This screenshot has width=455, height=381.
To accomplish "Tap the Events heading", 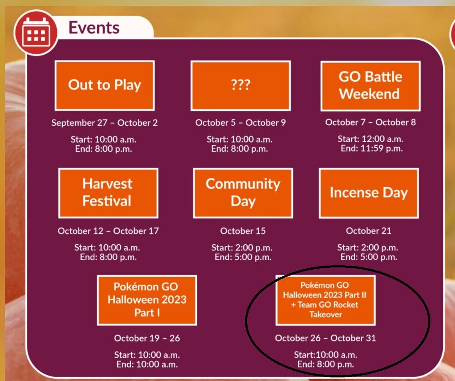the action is tap(94, 28).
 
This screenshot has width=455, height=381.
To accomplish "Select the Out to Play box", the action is tap(104, 85).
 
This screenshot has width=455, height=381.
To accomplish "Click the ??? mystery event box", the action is tap(240, 85).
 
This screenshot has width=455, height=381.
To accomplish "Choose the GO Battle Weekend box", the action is tap(370, 86).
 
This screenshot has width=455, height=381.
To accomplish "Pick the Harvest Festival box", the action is tap(108, 193).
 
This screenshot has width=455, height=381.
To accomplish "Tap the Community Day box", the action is tap(243, 193).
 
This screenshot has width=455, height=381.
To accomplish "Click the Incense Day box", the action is tap(369, 193).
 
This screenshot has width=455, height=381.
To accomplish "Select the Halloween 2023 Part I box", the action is tap(147, 300).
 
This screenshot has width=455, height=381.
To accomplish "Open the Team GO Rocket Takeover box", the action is tap(325, 300).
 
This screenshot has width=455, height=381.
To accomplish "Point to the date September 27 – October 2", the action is tap(104, 123).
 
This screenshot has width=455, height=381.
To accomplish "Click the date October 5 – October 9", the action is tap(240, 123).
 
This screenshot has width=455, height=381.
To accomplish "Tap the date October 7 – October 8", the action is tap(370, 122).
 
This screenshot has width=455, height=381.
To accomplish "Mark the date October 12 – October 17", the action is tap(108, 231).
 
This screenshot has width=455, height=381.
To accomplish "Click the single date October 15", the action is tap(243, 231).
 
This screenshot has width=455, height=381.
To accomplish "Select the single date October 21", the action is tap(369, 231).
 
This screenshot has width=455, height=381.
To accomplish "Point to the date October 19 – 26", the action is tap(147, 338).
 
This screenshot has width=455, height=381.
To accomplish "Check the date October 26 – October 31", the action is tap(325, 338).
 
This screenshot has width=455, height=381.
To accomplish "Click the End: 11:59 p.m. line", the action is tap(372, 148).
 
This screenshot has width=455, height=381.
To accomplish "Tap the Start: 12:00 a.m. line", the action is tap(370, 139).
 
